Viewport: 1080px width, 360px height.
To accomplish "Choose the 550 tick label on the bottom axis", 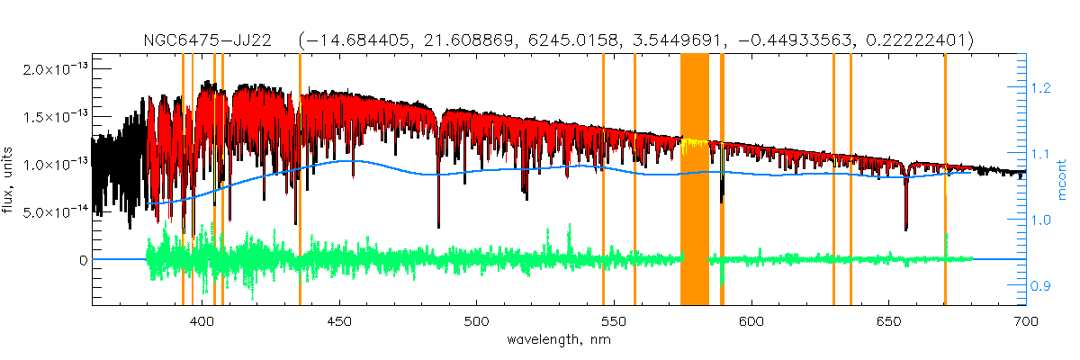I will tap(614, 321).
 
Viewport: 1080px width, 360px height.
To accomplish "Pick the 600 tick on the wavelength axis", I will tap(751, 321).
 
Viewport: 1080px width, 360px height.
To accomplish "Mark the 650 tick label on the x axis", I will tap(888, 321).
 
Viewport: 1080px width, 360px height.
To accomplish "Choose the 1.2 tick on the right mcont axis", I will tap(1041, 88).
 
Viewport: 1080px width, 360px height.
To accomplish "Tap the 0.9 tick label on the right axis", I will tap(1041, 286).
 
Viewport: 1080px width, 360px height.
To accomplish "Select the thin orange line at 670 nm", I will tap(945, 180).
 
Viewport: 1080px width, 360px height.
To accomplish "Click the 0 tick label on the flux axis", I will tap(83, 259).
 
